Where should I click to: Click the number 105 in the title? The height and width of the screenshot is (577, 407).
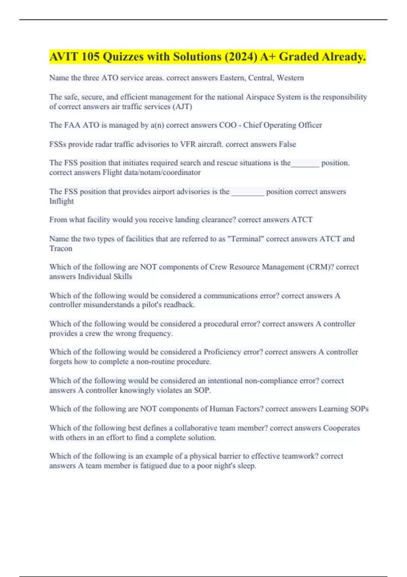pos(90,57)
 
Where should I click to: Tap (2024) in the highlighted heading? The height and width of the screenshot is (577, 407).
pos(240,57)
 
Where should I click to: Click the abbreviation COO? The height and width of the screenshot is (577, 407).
pos(228,125)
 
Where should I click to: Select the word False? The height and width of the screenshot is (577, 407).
pos(287,144)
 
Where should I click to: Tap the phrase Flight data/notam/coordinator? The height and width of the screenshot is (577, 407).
pos(152,172)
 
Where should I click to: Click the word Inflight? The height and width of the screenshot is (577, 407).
pos(61,201)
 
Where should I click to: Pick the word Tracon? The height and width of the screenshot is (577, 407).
pos(61,248)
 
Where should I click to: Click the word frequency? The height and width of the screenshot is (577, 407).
pos(156,333)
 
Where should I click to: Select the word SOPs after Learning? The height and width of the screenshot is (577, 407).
pos(360,409)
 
